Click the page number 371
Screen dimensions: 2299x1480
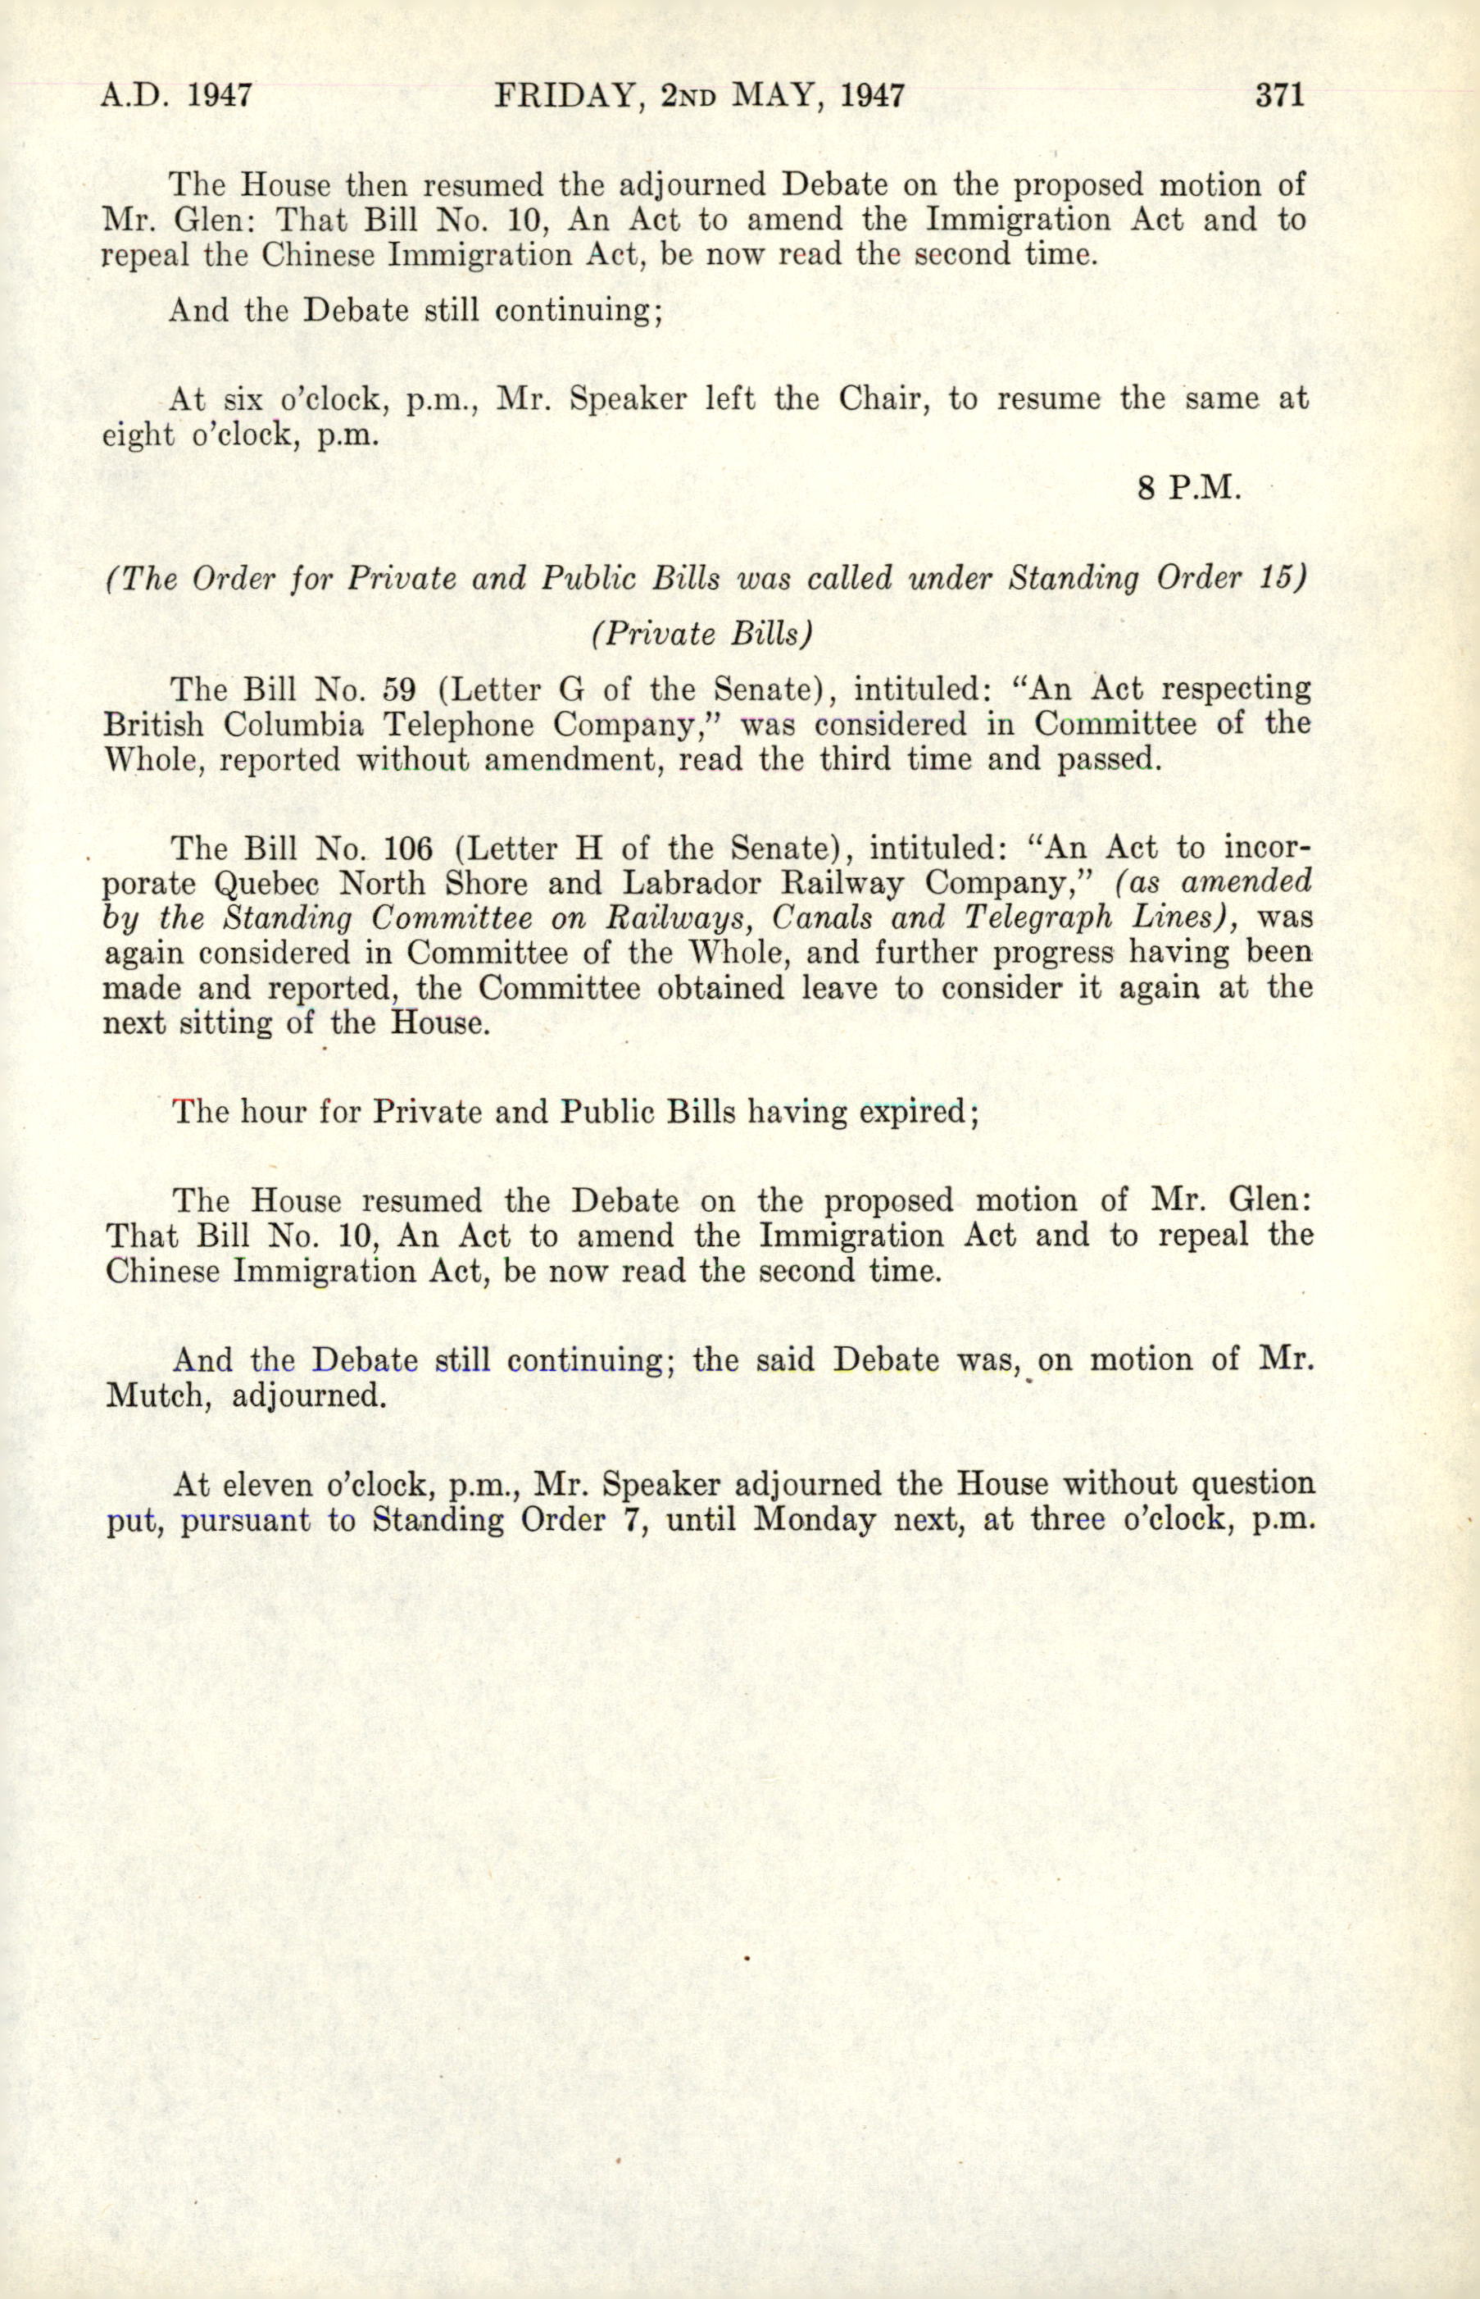[1278, 96]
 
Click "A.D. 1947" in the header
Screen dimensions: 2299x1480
[177, 96]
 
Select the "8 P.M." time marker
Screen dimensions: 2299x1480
[1190, 489]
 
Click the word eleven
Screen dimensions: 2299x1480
[268, 1486]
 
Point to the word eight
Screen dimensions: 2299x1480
[138, 435]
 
